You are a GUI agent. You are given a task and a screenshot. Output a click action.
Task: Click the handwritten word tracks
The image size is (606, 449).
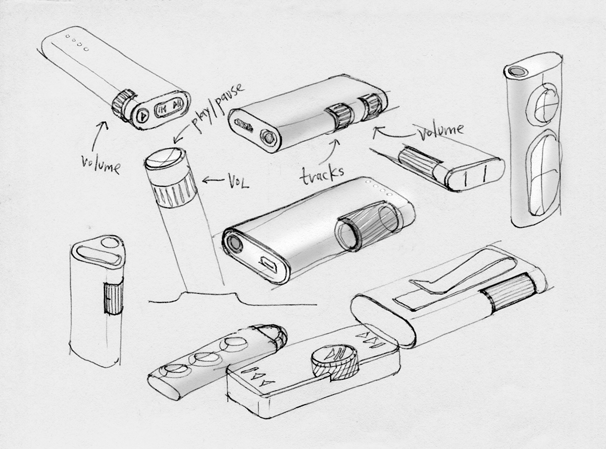tap(322, 174)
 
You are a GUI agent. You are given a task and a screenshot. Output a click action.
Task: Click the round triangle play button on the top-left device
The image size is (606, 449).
tap(142, 116)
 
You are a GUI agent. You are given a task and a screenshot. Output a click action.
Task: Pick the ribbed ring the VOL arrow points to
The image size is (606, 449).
tap(175, 193)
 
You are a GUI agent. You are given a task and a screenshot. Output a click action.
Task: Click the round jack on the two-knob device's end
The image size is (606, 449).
tap(269, 137)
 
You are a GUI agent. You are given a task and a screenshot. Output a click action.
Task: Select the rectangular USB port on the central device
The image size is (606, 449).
tap(269, 265)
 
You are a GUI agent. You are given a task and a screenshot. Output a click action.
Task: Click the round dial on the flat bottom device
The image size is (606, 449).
tap(334, 365)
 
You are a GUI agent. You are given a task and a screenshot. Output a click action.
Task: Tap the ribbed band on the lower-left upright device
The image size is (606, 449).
tap(113, 298)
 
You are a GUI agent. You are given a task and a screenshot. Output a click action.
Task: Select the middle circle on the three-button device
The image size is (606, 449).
tap(205, 358)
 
